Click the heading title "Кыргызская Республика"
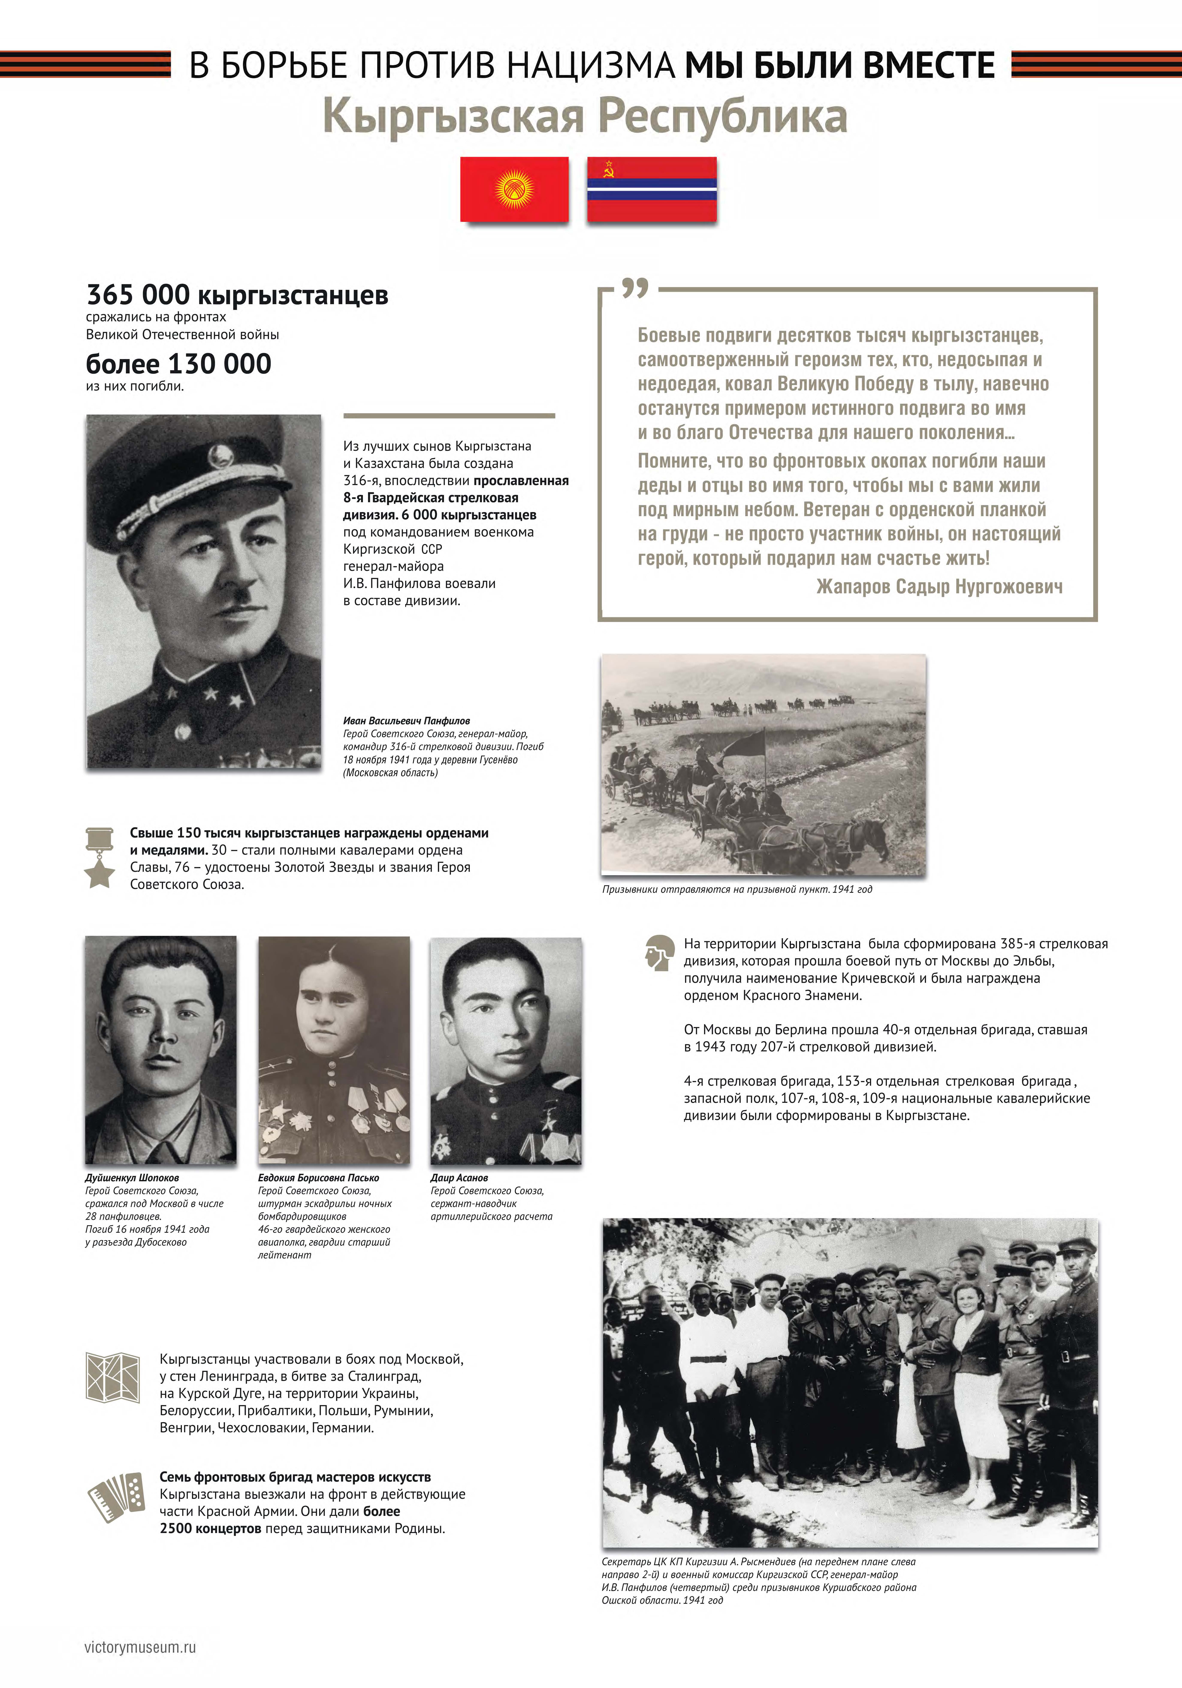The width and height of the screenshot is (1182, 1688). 585,116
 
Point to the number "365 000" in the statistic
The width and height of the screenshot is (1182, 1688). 138,295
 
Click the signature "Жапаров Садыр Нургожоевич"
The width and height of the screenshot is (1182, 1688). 939,586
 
